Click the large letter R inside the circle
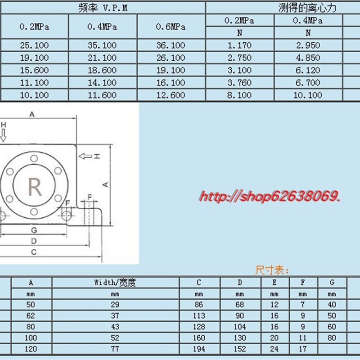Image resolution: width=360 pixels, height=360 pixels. coord(35,186)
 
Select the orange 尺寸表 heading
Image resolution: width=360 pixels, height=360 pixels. coord(272,270)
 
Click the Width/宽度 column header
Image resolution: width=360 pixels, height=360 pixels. coord(115,283)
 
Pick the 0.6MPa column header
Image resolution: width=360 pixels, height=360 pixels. coord(171,27)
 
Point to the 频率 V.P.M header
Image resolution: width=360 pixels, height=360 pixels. coord(103,8)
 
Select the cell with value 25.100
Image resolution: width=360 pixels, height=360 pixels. coord(34,45)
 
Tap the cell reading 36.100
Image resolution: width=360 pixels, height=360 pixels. coord(171,45)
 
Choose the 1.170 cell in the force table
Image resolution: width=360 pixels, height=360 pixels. coord(239,45)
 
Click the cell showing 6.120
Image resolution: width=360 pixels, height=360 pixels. coord(308,70)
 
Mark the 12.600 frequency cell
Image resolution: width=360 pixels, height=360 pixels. coord(171,95)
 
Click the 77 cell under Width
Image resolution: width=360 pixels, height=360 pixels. coord(115,349)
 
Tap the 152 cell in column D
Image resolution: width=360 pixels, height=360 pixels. coord(240,349)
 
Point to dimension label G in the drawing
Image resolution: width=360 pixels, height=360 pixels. coord(34,230)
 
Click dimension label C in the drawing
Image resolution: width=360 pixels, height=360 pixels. coord(34,252)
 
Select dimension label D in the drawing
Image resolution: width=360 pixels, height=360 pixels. coord(34,241)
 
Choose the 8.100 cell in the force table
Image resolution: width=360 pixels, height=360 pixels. coord(239,95)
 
